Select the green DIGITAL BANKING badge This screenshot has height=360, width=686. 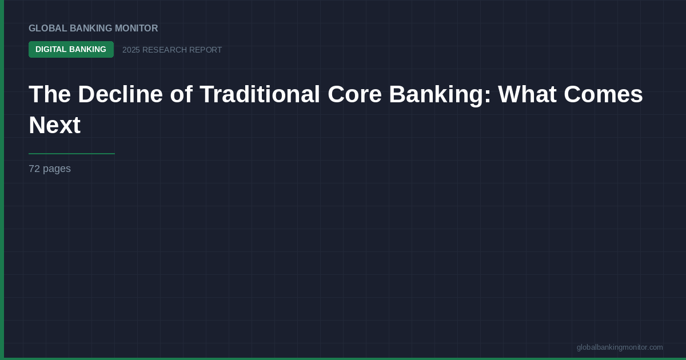(71, 50)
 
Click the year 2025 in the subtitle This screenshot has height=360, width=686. (131, 50)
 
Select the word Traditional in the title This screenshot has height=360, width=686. (260, 94)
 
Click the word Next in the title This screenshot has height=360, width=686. (54, 125)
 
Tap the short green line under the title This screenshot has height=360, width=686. (71, 154)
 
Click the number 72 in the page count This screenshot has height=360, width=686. (34, 169)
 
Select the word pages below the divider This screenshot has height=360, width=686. (57, 169)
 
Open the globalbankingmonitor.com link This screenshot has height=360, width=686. (620, 347)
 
